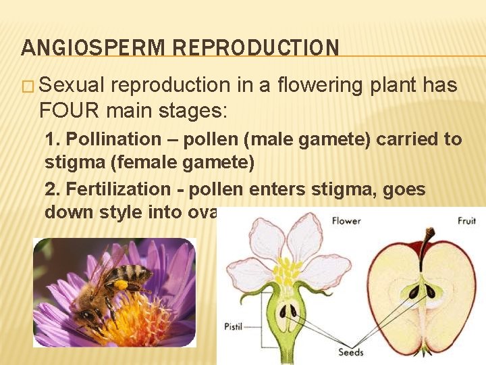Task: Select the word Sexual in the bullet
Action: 72,86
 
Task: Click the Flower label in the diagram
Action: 345,221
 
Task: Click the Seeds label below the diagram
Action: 352,352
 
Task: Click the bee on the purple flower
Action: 111,284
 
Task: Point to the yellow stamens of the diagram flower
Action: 287,270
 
